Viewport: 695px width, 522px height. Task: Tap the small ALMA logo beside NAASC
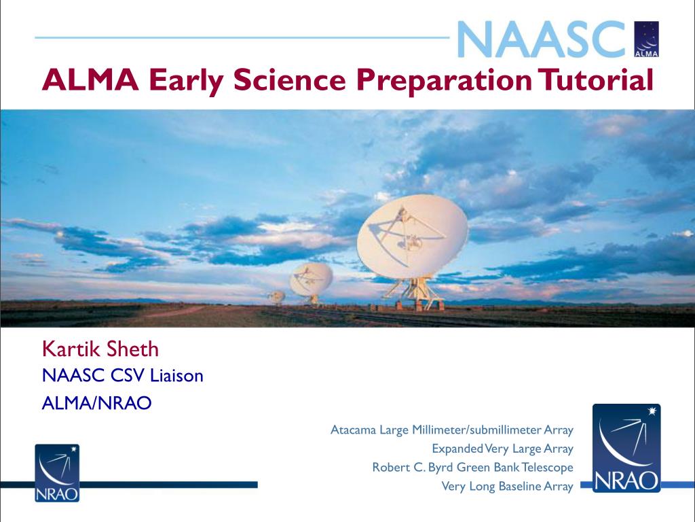point(647,39)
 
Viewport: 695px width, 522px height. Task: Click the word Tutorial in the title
point(595,80)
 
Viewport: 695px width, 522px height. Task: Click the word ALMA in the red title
point(90,80)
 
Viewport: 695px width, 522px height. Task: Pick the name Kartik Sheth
point(100,349)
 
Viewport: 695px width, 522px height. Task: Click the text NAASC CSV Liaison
point(123,375)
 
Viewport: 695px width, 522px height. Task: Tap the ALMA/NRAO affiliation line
point(96,403)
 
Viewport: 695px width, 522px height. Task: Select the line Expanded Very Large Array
point(503,449)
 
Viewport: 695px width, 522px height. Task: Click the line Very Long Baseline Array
point(508,487)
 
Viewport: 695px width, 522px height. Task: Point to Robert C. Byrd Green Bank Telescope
point(472,468)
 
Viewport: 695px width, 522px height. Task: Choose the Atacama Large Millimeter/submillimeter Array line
point(452,430)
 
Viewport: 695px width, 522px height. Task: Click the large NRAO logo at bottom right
point(626,448)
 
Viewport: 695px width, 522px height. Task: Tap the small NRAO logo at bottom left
point(57,473)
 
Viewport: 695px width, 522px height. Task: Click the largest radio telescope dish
point(412,237)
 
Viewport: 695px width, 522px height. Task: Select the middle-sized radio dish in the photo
point(311,279)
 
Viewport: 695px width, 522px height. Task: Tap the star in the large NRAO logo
point(652,411)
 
